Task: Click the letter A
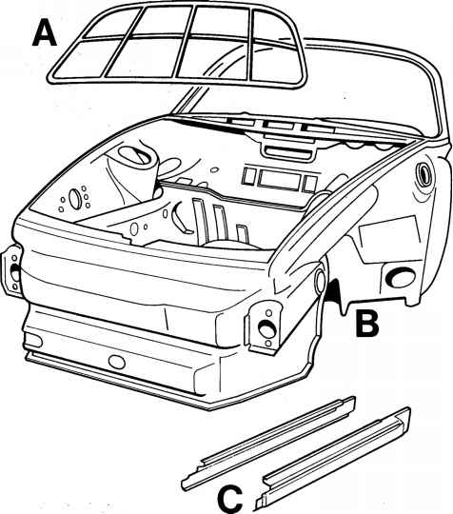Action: click(x=45, y=32)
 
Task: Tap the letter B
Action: click(x=367, y=324)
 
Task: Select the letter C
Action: click(x=230, y=500)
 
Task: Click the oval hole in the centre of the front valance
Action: click(x=117, y=362)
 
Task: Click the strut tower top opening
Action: click(x=133, y=155)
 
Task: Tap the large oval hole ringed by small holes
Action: click(x=74, y=199)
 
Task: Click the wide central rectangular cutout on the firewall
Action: click(x=279, y=179)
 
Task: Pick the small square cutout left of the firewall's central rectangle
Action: click(x=248, y=175)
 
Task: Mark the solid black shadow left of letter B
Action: click(x=332, y=289)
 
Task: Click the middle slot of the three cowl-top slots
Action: click(x=279, y=126)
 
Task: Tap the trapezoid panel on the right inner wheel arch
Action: click(x=390, y=239)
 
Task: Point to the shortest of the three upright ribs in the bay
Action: click(x=243, y=234)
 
